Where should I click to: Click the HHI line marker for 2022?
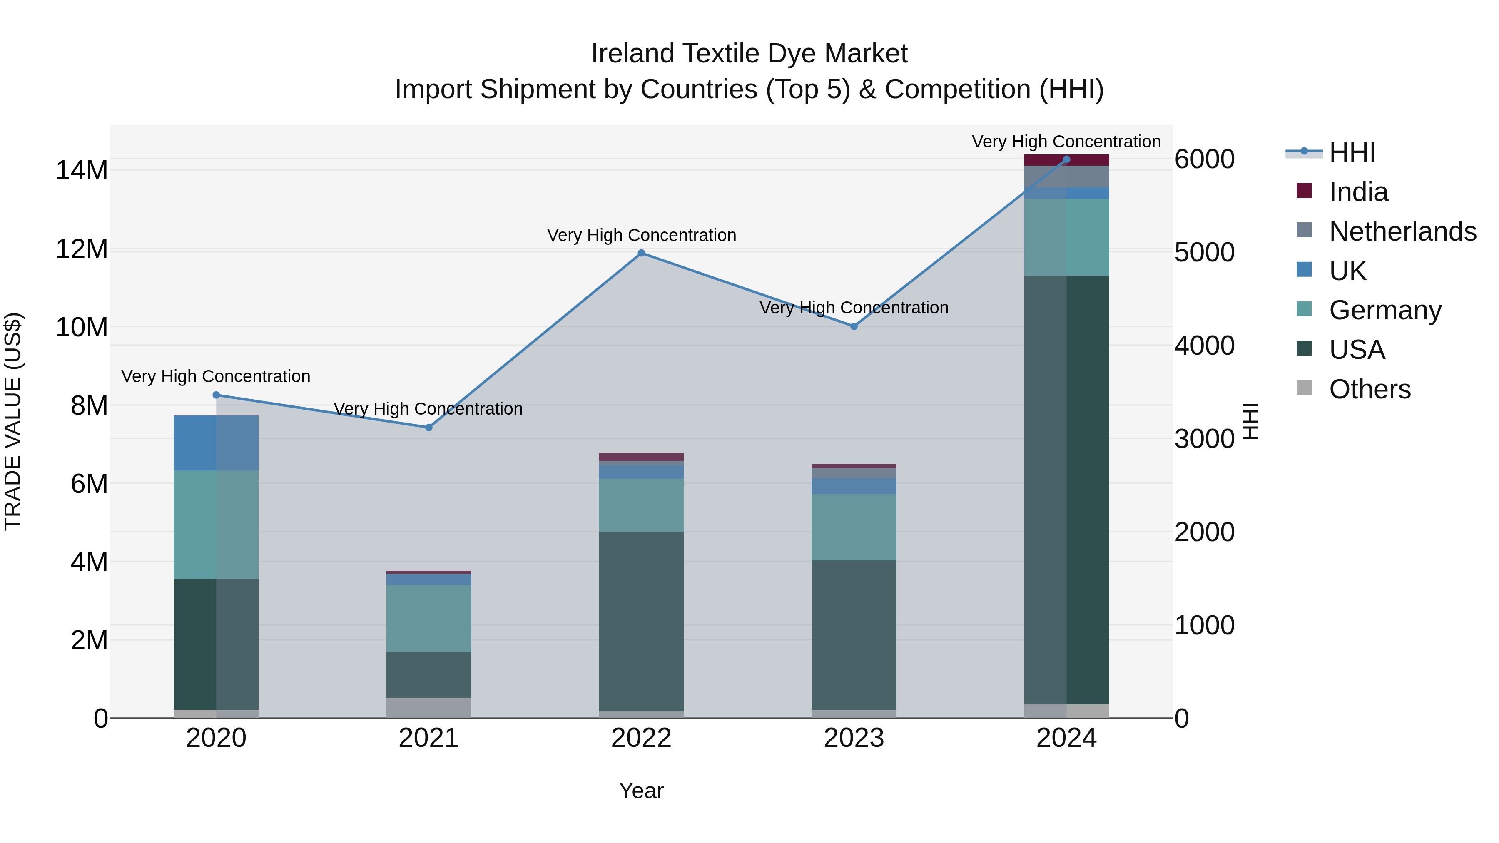641,253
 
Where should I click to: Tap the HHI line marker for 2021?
429,428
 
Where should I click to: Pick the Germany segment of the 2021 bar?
429,619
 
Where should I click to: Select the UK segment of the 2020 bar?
216,443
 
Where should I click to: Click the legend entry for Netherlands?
1402,231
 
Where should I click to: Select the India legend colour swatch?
1304,191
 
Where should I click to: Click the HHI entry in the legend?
1352,152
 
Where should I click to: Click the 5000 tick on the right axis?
1204,253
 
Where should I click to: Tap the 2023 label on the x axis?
854,738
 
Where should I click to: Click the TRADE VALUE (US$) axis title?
13,421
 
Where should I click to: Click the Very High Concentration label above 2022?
641,236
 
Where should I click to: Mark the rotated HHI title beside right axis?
1249,421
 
